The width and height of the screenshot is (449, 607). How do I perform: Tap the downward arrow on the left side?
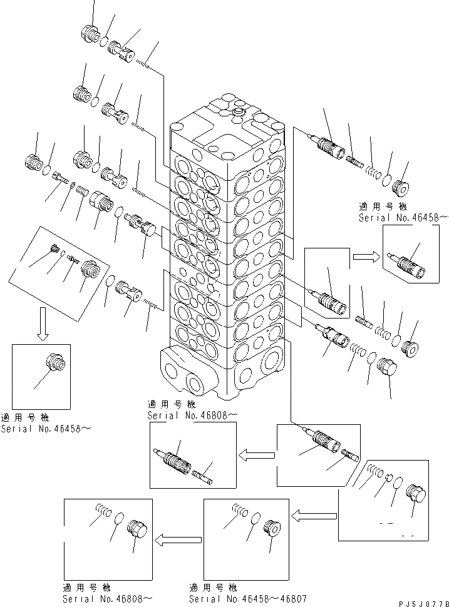43,324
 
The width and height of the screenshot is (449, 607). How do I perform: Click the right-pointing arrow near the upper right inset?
365,255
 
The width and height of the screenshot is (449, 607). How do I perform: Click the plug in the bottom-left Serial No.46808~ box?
137,529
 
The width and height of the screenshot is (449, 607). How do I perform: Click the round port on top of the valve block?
237,112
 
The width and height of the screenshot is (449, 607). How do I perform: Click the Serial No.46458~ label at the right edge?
403,218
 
